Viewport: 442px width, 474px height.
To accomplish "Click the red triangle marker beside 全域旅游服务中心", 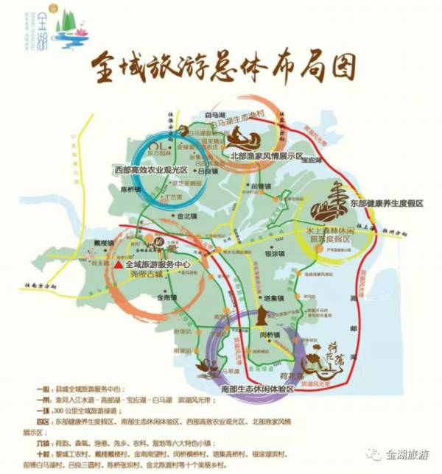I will [x=117, y=264].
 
